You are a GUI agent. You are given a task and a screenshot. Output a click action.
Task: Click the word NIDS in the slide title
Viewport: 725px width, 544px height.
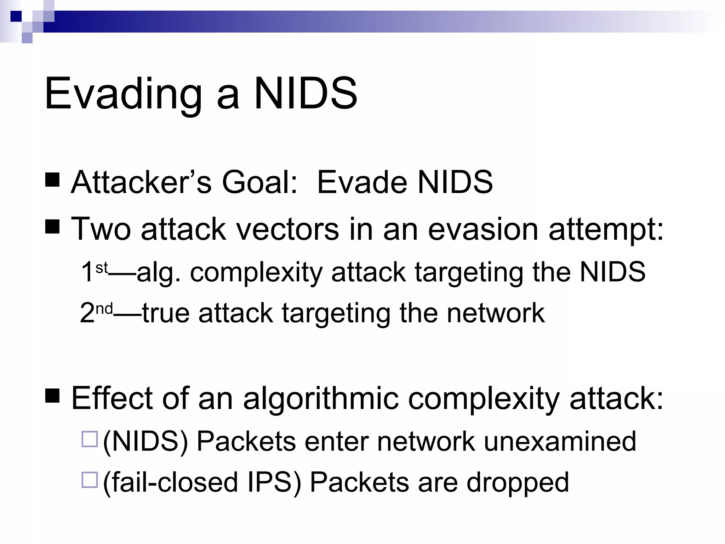(305, 94)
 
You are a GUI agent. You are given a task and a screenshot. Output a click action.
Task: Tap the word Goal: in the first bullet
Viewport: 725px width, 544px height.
(259, 183)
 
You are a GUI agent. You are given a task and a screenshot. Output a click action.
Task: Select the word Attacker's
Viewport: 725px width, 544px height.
(141, 183)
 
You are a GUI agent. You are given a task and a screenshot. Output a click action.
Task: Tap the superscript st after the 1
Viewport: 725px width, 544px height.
(102, 268)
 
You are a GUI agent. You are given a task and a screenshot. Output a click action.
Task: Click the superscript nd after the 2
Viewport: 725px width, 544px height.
(104, 309)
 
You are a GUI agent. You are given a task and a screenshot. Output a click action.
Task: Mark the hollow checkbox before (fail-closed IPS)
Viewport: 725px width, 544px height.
(89, 480)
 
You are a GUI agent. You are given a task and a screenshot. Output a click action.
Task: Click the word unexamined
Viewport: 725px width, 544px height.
(560, 442)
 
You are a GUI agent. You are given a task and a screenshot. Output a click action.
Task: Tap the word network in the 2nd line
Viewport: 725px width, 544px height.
(496, 313)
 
